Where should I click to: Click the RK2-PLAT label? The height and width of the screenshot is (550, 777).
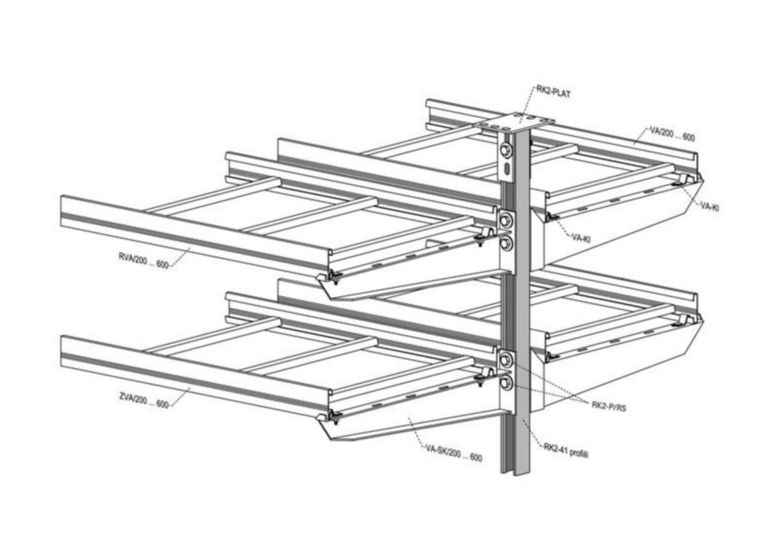[x=555, y=91]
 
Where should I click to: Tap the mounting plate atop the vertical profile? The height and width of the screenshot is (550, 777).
[x=515, y=122]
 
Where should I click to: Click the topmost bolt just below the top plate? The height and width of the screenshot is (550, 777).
[x=506, y=150]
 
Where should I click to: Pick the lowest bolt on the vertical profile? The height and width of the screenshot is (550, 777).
[x=506, y=383]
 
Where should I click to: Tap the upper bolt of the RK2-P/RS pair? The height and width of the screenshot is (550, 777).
[x=506, y=360]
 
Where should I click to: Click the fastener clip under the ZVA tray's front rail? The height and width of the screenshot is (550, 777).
[x=335, y=416]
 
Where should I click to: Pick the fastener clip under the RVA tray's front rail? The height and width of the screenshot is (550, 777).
[x=335, y=277]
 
